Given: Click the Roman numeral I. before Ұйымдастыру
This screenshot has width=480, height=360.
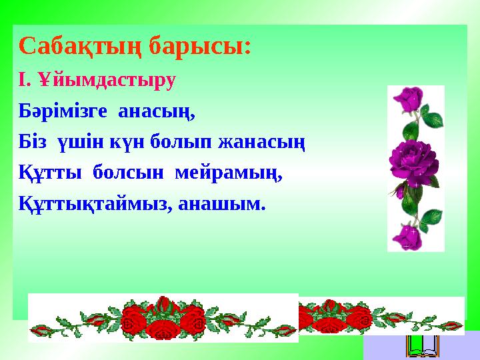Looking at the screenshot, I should [25, 81].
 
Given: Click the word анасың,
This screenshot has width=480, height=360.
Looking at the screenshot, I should [157, 111].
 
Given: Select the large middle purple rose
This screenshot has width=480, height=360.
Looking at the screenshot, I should [415, 160].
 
